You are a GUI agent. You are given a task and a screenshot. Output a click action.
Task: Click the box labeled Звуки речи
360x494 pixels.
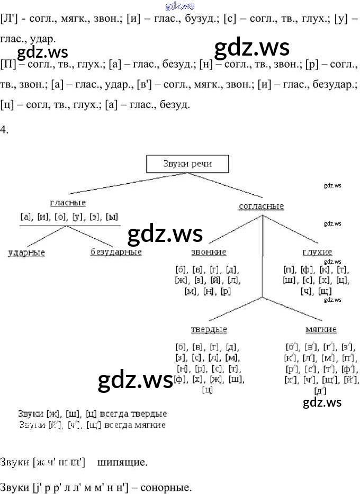point(187,164)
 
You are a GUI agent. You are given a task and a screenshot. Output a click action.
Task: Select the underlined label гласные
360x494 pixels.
point(68,203)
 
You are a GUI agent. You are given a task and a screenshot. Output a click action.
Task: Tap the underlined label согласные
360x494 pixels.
point(261,206)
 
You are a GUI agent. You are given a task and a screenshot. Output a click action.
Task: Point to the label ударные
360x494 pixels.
point(26,253)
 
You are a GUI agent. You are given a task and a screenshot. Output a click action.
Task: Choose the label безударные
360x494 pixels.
point(116,252)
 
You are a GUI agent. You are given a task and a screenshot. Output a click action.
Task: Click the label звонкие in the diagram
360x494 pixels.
point(209,252)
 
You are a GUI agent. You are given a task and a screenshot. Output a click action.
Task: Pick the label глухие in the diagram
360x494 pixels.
point(317,252)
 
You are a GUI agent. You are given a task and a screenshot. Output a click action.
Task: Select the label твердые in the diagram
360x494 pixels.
point(209,329)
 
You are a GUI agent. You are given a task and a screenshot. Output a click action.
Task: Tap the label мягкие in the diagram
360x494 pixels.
point(321,329)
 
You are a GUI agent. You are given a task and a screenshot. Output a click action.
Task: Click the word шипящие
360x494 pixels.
point(122,462)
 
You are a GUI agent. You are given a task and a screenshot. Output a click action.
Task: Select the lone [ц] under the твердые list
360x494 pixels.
point(208,390)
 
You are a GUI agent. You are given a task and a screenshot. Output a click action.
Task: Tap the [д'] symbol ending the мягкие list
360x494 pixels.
point(320,391)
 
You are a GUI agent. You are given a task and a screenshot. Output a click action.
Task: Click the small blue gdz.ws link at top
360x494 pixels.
point(180,6)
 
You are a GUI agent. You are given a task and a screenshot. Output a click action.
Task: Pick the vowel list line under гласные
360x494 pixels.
point(69,216)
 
